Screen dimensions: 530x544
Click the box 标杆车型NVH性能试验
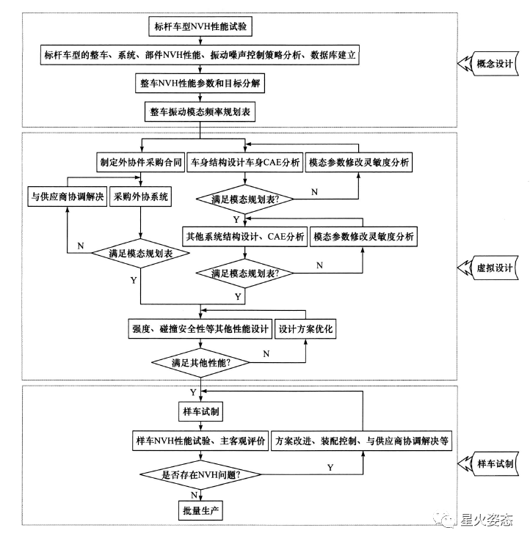click(200, 26)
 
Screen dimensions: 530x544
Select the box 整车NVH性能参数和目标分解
click(200, 84)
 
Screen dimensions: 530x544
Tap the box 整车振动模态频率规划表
click(200, 111)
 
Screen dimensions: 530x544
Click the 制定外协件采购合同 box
click(141, 162)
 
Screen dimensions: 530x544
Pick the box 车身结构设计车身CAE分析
click(245, 162)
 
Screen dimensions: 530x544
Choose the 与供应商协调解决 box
click(68, 196)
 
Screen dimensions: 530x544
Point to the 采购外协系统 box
click(141, 196)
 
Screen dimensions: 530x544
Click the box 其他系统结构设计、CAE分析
click(245, 237)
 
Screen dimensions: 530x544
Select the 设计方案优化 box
click(305, 328)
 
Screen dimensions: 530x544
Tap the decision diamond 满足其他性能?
click(200, 363)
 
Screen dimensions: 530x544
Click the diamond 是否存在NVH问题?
click(200, 474)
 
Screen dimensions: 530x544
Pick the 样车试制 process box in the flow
click(200, 411)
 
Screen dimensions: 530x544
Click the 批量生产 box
click(200, 510)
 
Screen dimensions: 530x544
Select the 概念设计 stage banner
click(488, 64)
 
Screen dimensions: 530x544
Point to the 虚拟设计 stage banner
click(488, 268)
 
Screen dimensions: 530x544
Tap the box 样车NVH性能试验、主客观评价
click(200, 441)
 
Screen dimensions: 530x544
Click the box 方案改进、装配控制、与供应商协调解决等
click(362, 441)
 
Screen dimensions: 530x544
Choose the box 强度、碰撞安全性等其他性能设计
click(200, 328)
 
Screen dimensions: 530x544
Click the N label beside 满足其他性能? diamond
click(266, 354)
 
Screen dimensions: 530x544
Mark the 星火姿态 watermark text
click(487, 520)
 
